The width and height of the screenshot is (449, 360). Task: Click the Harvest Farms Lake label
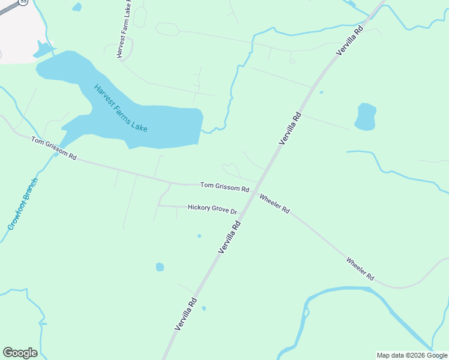pos(121,109)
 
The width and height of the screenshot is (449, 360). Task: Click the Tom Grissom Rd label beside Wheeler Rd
pos(224,187)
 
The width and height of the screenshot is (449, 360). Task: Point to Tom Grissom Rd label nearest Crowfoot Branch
pos(54,148)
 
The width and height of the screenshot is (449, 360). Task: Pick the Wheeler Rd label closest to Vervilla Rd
pos(274,203)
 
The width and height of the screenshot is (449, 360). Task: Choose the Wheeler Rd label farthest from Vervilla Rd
pos(360,269)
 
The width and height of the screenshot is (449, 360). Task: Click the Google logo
pos(20,353)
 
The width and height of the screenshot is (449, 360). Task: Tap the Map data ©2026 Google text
pos(412,355)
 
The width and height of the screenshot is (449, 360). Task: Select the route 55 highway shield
pos(23,2)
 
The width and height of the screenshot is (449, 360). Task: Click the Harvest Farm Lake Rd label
pos(124,29)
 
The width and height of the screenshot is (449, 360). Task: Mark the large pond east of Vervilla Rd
pos(365,116)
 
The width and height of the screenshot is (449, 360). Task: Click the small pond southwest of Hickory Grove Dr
pos(160,266)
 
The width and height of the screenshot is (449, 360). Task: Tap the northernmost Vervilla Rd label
pos(350,41)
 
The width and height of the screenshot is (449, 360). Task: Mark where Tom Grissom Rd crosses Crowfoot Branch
pos(57,154)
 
